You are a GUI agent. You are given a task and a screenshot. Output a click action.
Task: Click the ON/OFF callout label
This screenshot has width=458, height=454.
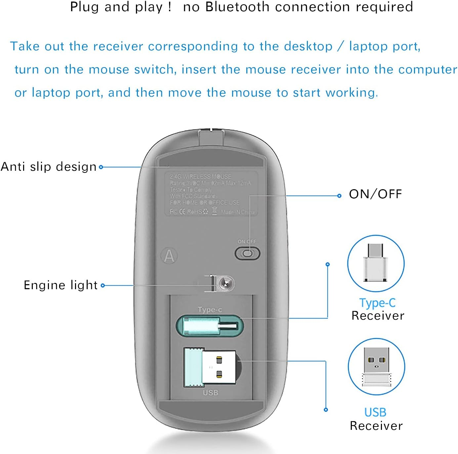click(x=375, y=194)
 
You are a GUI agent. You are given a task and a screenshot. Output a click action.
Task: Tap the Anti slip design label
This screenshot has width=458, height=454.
click(x=49, y=166)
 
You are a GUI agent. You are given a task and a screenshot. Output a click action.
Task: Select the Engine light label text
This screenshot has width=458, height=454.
click(x=61, y=285)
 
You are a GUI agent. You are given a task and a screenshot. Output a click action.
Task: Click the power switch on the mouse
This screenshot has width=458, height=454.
click(x=247, y=254)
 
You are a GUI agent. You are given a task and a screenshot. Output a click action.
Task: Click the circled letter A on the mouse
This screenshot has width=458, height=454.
click(x=169, y=256)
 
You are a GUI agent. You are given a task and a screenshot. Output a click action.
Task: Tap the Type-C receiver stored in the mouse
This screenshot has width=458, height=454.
click(x=210, y=326)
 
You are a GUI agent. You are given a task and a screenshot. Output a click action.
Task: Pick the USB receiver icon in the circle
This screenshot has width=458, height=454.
click(x=376, y=366)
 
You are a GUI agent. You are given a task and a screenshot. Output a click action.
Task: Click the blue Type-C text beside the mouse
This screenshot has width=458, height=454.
click(x=377, y=303)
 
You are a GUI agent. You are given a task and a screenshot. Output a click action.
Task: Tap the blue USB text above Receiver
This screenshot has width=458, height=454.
click(x=375, y=412)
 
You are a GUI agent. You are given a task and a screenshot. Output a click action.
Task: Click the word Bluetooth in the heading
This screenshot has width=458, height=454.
click(x=237, y=7)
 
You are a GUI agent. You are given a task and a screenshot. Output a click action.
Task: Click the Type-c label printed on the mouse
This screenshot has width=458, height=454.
click(x=210, y=310)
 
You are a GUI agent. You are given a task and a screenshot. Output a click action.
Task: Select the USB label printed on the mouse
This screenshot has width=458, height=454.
click(x=210, y=393)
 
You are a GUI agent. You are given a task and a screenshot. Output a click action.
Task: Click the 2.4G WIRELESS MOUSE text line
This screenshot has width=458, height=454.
click(x=200, y=177)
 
